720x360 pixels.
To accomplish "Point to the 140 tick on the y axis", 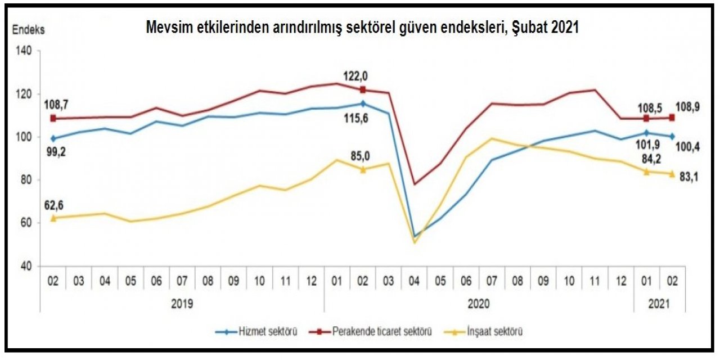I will pyautogui.click(x=28, y=51).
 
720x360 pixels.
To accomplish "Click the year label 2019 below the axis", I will pyautogui.click(x=182, y=304).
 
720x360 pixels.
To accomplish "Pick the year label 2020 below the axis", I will pyautogui.click(x=479, y=304).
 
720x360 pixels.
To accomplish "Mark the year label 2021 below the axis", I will pyautogui.click(x=659, y=304).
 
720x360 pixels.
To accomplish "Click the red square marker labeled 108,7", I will pyautogui.click(x=53, y=118).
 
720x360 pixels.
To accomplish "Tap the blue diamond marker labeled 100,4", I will pyautogui.click(x=672, y=136).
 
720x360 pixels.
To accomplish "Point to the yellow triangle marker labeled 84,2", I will pyautogui.click(x=646, y=172).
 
